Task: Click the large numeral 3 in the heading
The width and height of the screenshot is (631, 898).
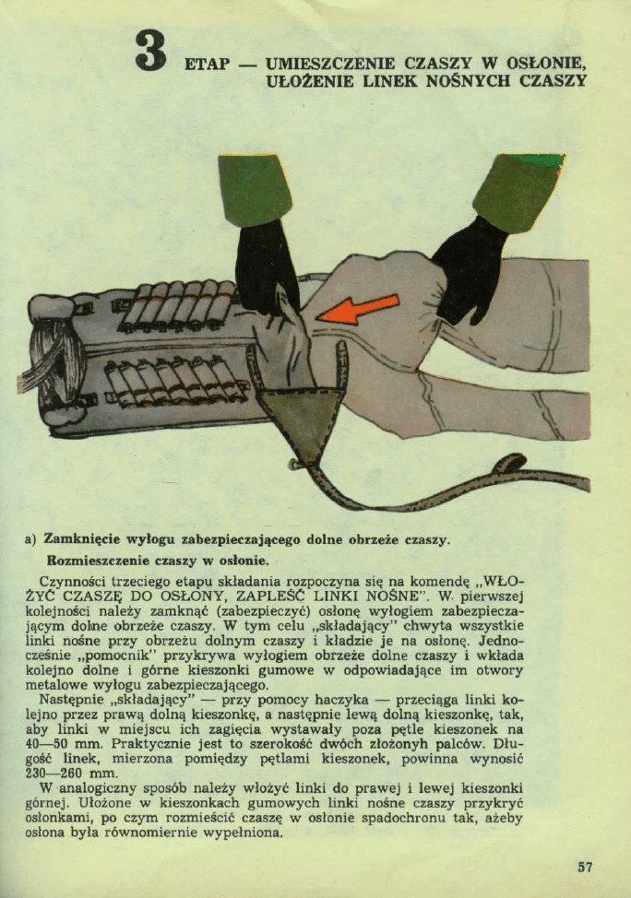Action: click(x=150, y=52)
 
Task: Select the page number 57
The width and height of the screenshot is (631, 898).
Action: click(x=585, y=867)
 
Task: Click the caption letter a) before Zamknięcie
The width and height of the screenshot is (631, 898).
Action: click(x=30, y=538)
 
